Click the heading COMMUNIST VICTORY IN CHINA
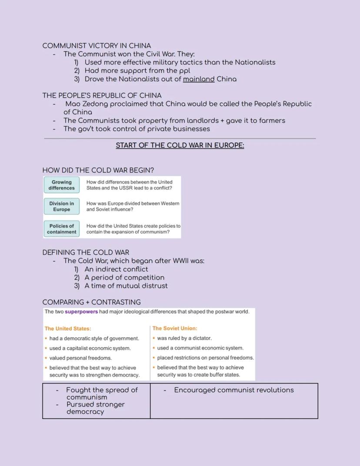click(97, 46)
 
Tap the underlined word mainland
click(199, 79)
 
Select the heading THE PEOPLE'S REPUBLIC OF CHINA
click(102, 96)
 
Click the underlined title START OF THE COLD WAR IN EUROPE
click(180, 145)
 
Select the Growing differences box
click(61, 185)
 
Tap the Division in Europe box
click(61, 206)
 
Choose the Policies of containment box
click(61, 229)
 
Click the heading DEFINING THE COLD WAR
click(86, 252)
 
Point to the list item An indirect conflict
click(116, 269)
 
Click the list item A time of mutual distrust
click(126, 286)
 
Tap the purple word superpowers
click(81, 312)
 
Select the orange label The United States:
click(68, 329)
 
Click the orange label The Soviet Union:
click(175, 329)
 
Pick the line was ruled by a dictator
click(184, 338)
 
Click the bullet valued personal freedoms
click(80, 358)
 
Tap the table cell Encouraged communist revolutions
click(233, 390)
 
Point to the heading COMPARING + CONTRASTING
click(91, 302)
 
